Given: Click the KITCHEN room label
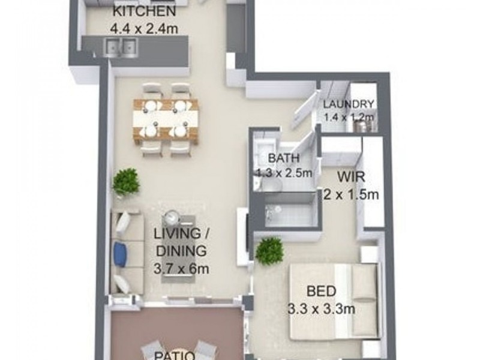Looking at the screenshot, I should click(144, 12).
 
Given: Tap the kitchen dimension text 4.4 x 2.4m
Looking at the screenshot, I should click(144, 28).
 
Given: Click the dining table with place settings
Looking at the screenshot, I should click(166, 119).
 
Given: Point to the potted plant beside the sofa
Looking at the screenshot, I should click(126, 181).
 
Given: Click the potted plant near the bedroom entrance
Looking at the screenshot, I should click(269, 250).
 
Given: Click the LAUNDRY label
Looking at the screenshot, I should click(349, 104).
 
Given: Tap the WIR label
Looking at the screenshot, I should click(349, 178).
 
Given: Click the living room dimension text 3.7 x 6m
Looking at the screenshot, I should click(181, 268).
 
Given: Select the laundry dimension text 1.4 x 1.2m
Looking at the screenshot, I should click(349, 117).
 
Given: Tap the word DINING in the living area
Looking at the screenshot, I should click(181, 251).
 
